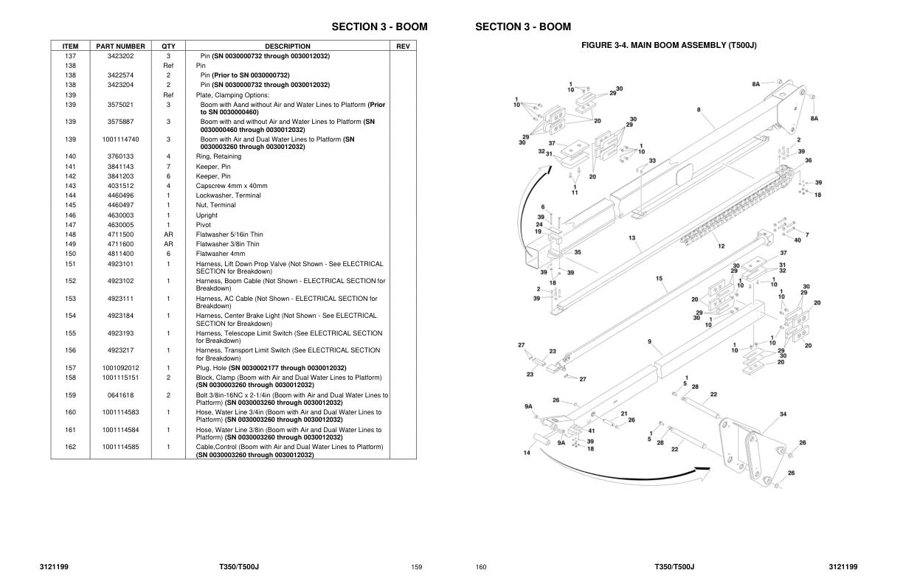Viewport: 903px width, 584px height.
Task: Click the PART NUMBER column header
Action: (x=120, y=46)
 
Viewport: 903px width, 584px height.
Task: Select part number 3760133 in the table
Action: (x=120, y=156)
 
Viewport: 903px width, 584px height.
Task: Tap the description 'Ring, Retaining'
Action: (x=218, y=156)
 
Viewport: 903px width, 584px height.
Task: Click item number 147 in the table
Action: (x=71, y=225)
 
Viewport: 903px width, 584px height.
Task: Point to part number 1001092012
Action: (x=120, y=368)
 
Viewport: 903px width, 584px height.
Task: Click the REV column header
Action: (x=403, y=46)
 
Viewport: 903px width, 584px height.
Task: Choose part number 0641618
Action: (x=120, y=395)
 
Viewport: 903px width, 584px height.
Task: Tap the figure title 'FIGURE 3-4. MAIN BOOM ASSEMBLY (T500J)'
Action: (x=669, y=45)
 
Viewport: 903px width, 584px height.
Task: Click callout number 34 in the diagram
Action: (x=783, y=414)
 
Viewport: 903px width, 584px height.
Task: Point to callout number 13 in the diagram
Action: (x=632, y=237)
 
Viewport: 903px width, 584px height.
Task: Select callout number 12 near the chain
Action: (x=722, y=246)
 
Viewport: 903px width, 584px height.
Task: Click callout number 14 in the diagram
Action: (x=527, y=453)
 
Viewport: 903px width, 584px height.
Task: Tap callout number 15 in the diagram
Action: (x=659, y=278)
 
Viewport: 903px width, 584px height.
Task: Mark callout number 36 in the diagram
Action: (x=809, y=161)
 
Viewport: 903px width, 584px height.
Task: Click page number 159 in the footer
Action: (x=416, y=567)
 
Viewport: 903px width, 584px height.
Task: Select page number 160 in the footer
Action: (x=481, y=567)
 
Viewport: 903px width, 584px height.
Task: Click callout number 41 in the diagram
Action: (x=591, y=431)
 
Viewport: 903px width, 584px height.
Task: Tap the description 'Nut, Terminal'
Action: (x=215, y=205)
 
